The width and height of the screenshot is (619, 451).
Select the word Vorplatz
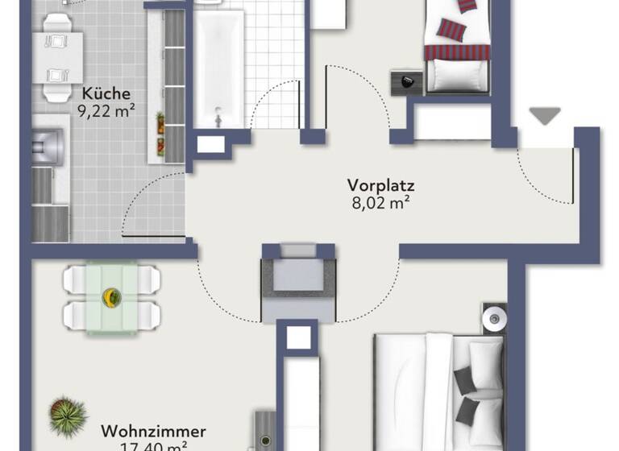point(376,184)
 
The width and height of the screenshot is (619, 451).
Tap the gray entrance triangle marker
point(546,115)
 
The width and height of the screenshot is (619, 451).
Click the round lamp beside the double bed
point(492,319)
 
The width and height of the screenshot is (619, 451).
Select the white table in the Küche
point(61,56)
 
